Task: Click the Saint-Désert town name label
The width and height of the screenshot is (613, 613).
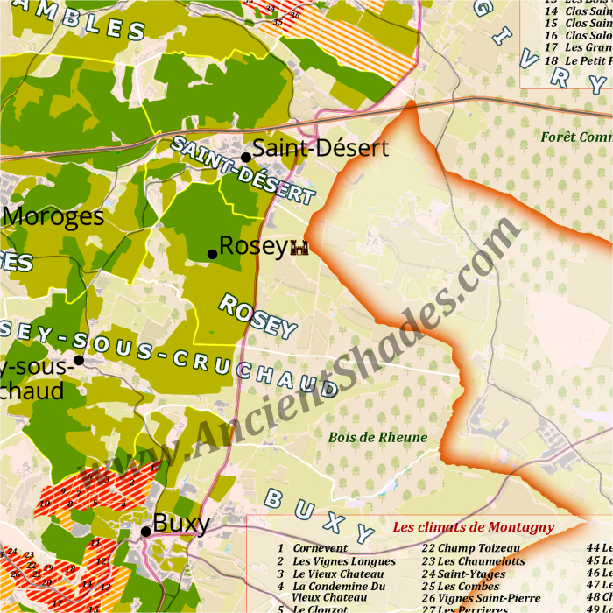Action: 320,148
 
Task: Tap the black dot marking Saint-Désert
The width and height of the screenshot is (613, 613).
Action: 246,158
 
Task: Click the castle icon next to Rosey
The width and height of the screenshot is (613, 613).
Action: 299,249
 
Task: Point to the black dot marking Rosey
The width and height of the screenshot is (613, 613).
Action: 212,255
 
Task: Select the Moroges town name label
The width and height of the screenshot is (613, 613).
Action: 54,216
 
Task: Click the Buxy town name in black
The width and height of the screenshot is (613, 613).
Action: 181,524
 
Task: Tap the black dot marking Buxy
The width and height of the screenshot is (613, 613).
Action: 145,532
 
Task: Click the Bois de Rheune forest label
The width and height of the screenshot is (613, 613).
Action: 378,437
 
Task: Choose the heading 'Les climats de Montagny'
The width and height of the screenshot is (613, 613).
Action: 473,527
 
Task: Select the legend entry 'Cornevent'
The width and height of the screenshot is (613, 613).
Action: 321,548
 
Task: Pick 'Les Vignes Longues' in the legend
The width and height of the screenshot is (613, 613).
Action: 344,561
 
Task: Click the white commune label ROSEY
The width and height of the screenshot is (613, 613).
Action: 257,316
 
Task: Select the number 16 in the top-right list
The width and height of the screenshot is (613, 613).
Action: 551,34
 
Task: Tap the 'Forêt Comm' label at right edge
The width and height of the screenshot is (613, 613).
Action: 575,137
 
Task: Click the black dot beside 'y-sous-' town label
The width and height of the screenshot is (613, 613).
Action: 79,360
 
